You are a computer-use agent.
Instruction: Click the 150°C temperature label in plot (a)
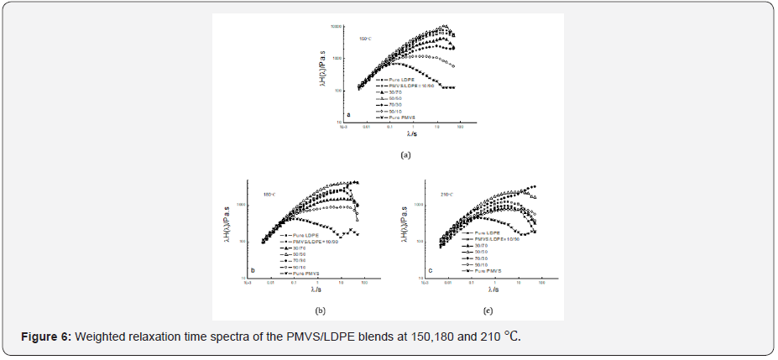(365, 38)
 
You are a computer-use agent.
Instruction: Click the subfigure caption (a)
(406, 155)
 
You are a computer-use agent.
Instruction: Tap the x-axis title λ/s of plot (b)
(315, 290)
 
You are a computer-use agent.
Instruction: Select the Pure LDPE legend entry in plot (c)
(488, 232)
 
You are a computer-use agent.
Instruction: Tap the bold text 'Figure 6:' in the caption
(48, 337)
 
